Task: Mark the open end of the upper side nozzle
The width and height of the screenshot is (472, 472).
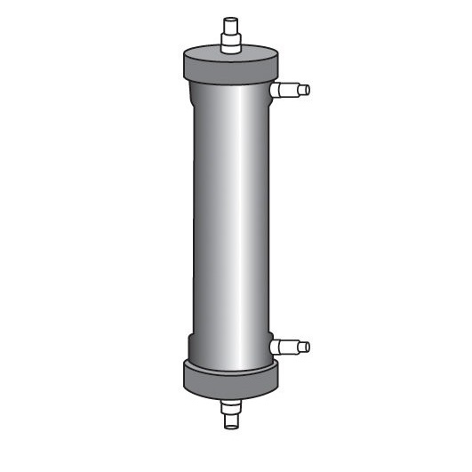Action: (x=308, y=89)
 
